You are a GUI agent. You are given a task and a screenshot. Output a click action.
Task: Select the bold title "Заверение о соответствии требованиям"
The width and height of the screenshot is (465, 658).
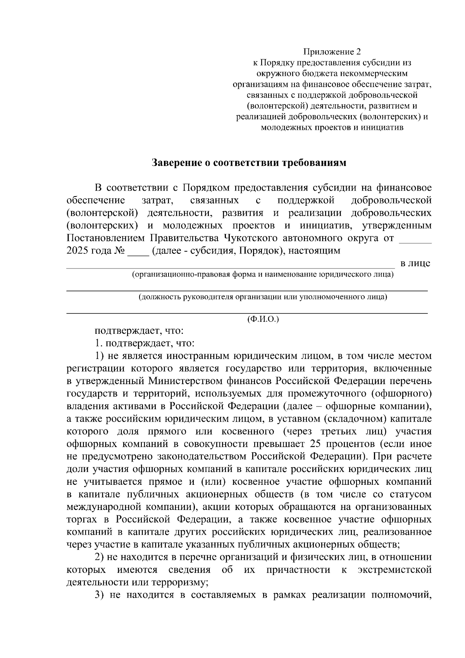[x=248, y=162]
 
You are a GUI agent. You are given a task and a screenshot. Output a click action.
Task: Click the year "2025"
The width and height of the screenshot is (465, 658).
[x=77, y=250]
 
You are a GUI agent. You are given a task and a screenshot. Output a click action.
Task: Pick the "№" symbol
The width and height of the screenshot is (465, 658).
[x=119, y=250]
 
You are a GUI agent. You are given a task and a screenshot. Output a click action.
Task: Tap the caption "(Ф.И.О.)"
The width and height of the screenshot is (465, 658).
[x=263, y=319]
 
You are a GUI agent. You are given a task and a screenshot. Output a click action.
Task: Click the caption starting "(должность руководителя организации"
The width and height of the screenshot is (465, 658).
[x=263, y=297]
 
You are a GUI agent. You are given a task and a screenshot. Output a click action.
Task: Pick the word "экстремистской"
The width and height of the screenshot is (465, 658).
[x=394, y=570]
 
